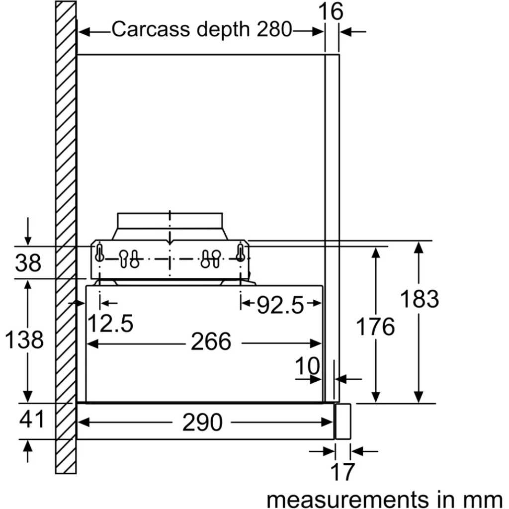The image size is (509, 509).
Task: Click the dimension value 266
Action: pyautogui.click(x=211, y=342)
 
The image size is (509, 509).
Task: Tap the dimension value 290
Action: pyautogui.click(x=202, y=423)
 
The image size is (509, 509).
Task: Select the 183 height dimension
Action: pyautogui.click(x=420, y=299)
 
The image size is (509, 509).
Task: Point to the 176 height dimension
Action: pyautogui.click(x=376, y=327)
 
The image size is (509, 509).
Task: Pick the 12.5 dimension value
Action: pyautogui.click(x=110, y=324)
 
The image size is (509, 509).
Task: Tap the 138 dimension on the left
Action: pyautogui.click(x=24, y=340)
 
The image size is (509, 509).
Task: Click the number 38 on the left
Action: pyautogui.click(x=28, y=263)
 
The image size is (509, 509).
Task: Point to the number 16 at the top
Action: pyautogui.click(x=332, y=11)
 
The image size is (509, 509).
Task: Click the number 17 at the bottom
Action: pyautogui.click(x=342, y=472)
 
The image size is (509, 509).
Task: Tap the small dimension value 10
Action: pyautogui.click(x=308, y=366)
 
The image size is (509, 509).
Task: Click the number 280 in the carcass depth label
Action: pyautogui.click(x=274, y=30)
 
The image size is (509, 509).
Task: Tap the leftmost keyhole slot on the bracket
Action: pyautogui.click(x=100, y=253)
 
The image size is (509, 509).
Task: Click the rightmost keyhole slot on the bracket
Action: pyautogui.click(x=241, y=253)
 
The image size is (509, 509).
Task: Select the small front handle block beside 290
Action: pyautogui.click(x=342, y=421)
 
